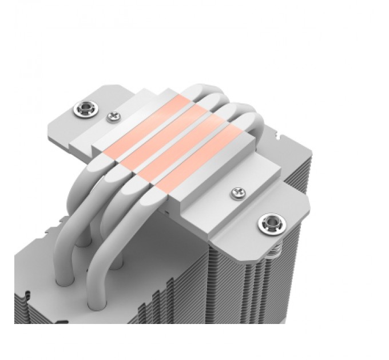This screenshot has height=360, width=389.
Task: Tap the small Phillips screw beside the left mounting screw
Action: (113, 117)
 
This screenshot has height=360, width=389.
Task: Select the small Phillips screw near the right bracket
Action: (236, 194)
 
